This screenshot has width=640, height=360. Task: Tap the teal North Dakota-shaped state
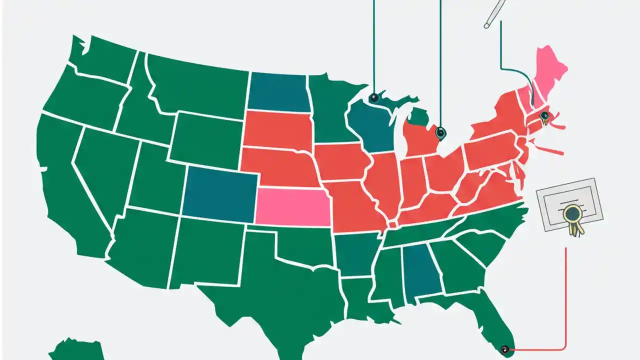coord(277,92)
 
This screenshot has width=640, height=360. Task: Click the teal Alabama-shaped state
coord(421,275)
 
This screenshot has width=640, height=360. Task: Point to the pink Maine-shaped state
coord(550,70)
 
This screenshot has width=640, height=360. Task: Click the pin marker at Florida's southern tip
coord(505,349)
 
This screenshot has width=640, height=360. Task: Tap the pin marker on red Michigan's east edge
coord(440,133)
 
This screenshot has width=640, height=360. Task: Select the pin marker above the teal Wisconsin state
coord(374,98)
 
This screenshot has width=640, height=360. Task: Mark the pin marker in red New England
coord(544,116)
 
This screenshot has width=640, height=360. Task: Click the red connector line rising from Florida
coord(565,300)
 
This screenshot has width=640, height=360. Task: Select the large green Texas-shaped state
coord(280,290)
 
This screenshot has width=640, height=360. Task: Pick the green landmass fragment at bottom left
coord(75,350)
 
